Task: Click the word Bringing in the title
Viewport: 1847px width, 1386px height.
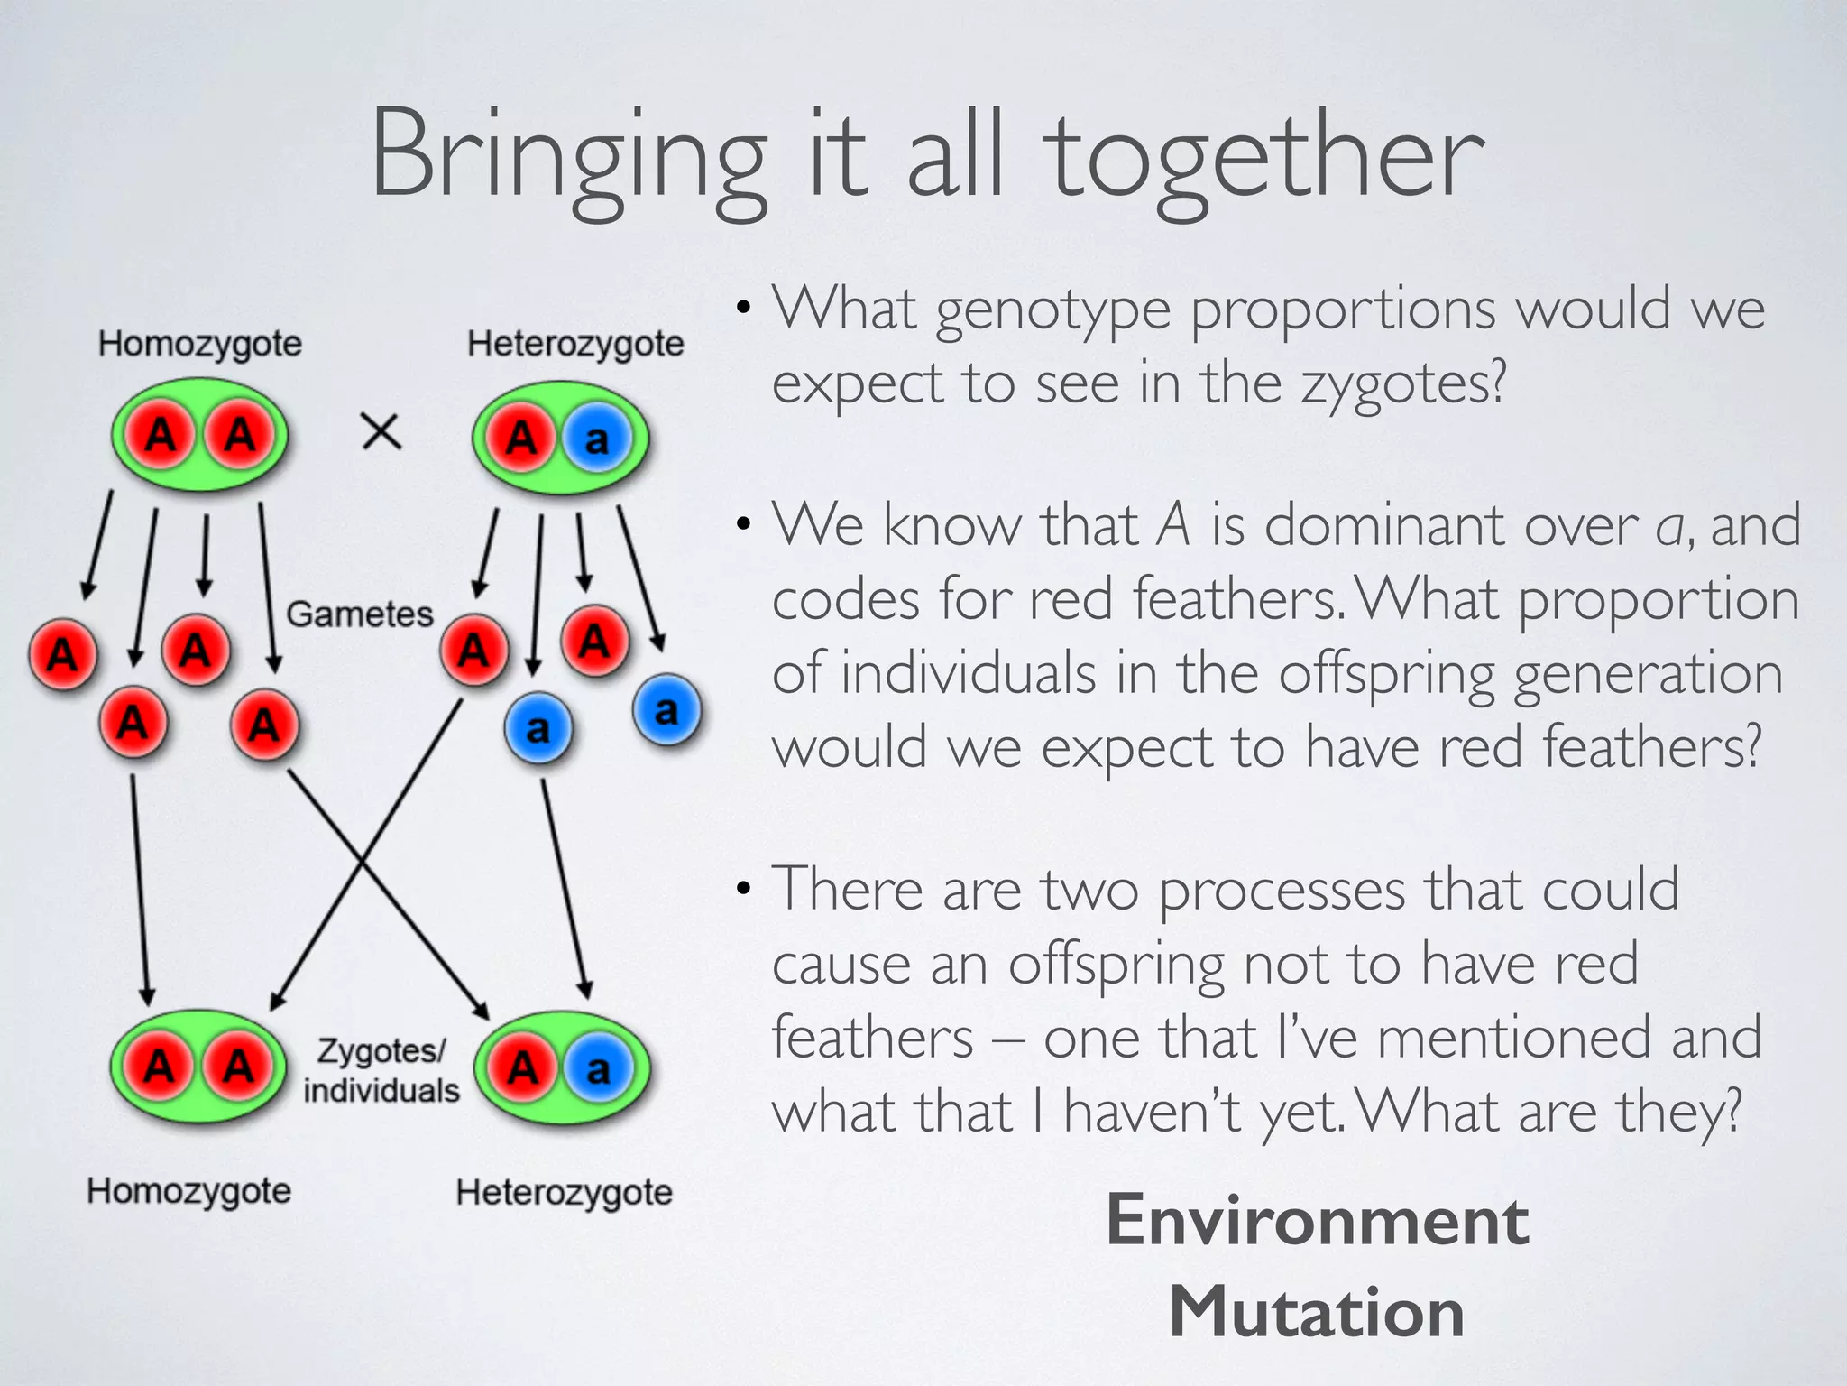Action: (568, 158)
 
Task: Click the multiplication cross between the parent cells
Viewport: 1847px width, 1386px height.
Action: (381, 432)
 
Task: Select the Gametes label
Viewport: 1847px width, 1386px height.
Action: (360, 614)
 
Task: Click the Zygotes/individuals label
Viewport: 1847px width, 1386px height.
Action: (381, 1071)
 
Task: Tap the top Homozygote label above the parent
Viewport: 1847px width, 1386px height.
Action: (200, 344)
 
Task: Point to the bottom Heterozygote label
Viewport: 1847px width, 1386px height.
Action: (564, 1193)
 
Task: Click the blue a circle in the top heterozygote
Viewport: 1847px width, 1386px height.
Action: (596, 439)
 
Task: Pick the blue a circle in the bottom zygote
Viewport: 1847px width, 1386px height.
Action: (597, 1069)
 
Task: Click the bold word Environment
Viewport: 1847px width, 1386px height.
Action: (1317, 1221)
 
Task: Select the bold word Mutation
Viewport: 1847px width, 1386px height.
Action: (1317, 1312)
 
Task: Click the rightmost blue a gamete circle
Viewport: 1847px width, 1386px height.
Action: (666, 710)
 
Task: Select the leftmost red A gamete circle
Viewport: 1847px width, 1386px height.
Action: (62, 653)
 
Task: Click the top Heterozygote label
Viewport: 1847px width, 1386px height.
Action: (575, 344)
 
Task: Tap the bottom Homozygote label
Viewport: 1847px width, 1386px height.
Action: (189, 1191)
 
